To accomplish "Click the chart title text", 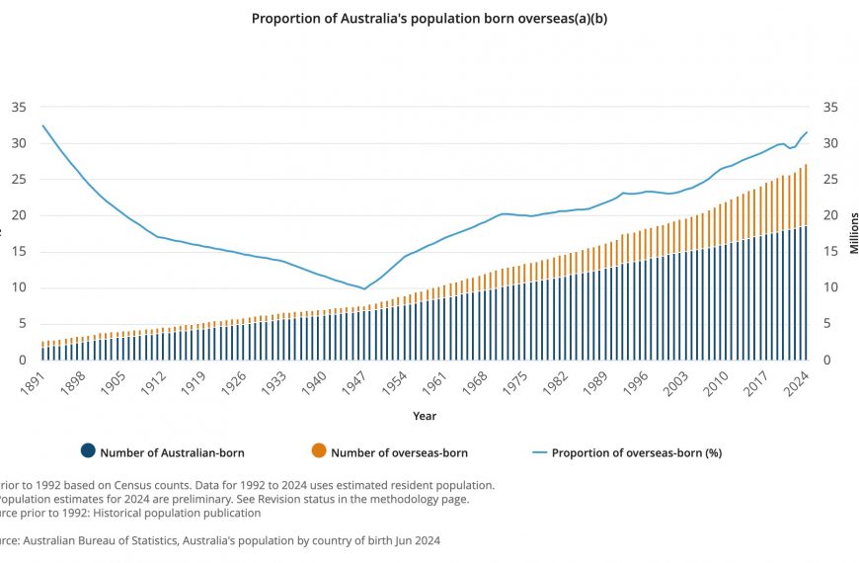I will point(429,18).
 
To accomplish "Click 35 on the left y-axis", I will point(19,107).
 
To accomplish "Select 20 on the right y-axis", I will point(830,215).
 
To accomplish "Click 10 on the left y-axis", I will point(19,287).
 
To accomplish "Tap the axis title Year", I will point(425,416).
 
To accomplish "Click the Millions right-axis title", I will point(854,233).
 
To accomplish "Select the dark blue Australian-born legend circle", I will point(88,451).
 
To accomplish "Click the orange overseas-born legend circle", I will point(318,451).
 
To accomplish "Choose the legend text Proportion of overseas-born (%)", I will point(636,452).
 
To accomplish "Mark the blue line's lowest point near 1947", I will point(364,289).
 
